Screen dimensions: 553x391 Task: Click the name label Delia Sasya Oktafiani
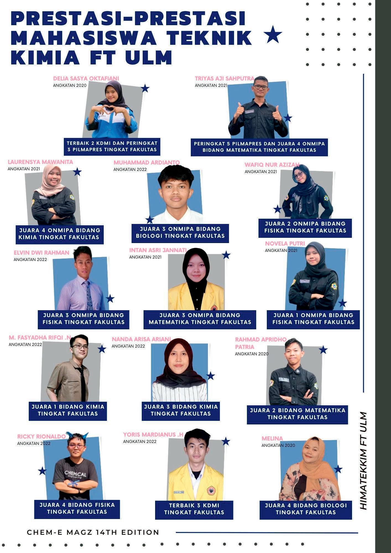coord(86,79)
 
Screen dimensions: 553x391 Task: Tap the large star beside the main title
coord(273,35)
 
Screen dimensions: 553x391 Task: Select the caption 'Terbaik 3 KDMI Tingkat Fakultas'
coord(194,509)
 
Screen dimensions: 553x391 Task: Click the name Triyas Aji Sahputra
coord(224,79)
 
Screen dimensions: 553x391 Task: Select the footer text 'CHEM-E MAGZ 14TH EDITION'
coord(93,532)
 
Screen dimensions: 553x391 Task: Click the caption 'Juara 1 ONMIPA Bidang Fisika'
coord(313,319)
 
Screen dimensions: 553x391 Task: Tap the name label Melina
coord(272,439)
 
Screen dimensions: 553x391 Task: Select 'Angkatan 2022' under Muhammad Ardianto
coord(130,169)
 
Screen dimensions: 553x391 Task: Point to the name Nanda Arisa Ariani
coord(141,339)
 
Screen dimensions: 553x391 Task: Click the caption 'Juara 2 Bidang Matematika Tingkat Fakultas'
coord(298,414)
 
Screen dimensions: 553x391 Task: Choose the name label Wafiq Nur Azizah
coord(272,165)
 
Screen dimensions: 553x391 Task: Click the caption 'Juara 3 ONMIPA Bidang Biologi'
coord(180,232)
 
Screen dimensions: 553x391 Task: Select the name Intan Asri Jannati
coord(158,250)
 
